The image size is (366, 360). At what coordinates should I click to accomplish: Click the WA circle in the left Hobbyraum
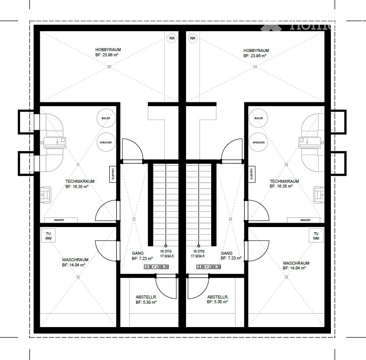pos(172,39)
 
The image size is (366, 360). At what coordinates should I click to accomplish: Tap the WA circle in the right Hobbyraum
pos(193,39)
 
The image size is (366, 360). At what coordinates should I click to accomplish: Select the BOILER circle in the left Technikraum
pos(106,118)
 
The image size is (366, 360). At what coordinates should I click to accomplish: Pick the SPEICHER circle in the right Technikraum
pos(259,142)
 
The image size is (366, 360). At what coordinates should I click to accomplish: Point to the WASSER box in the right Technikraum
pos(305,220)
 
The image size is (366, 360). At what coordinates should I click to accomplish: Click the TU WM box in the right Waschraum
pos(316,236)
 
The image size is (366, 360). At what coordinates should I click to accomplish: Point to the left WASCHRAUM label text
pos(76,260)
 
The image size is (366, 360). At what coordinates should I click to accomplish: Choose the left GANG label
pos(137,253)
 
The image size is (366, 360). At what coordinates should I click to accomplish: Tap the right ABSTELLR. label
pos(218,297)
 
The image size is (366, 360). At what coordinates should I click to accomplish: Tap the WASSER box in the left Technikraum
pos(59,220)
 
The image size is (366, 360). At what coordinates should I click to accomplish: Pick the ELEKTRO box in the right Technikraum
pos(252,175)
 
